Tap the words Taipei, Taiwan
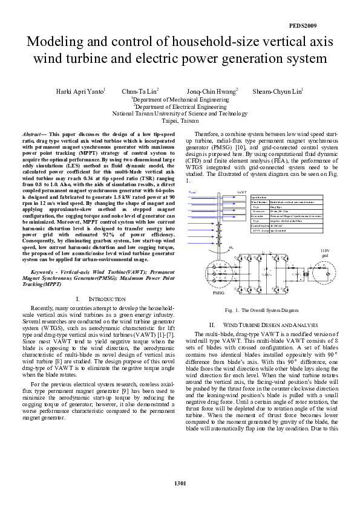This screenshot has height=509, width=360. click(x=180, y=121)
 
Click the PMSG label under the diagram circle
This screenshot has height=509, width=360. click(x=218, y=292)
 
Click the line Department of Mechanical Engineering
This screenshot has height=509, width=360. click(x=180, y=99)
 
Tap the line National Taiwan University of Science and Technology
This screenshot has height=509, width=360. click(x=180, y=113)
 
